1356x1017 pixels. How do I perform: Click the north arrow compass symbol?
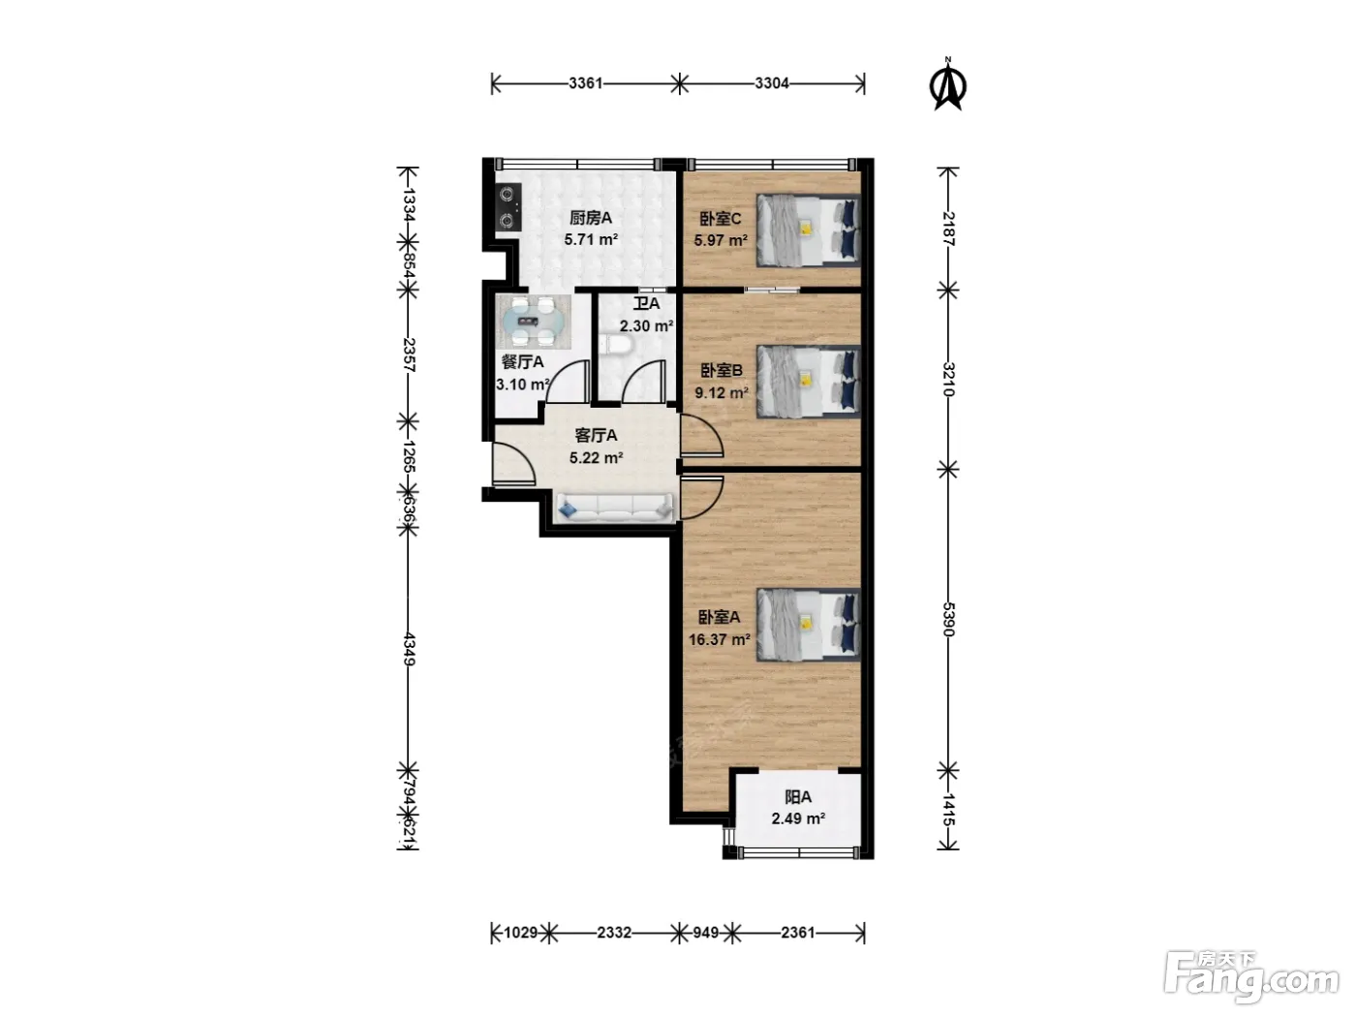point(947,84)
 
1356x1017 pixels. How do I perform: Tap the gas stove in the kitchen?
point(508,207)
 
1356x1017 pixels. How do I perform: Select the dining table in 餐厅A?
point(534,322)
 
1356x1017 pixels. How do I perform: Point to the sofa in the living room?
point(615,508)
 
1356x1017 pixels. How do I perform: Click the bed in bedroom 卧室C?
point(809,231)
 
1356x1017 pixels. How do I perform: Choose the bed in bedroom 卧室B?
point(809,381)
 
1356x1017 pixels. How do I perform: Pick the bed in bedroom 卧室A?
point(809,625)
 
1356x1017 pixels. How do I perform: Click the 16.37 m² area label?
point(720,639)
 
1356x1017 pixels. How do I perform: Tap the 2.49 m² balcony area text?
point(798,818)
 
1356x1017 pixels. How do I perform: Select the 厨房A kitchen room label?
point(591,218)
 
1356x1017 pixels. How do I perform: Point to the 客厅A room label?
point(596,436)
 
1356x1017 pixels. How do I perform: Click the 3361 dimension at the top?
point(585,82)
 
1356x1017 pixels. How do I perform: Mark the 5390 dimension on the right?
point(949,619)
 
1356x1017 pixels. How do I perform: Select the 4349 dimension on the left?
point(409,649)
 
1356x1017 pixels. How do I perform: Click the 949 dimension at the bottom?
point(705,933)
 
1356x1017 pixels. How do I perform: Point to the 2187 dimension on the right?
point(949,229)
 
